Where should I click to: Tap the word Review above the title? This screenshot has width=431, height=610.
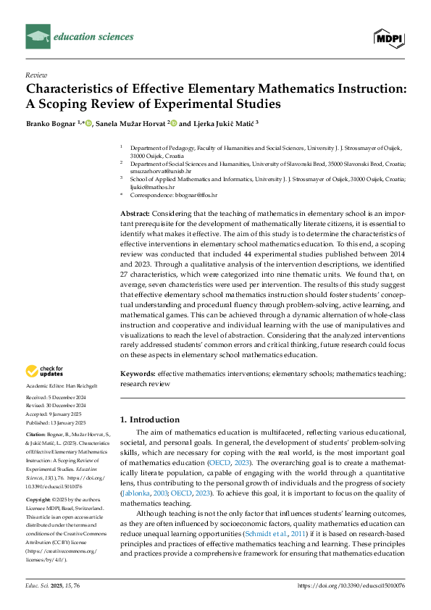[36, 75]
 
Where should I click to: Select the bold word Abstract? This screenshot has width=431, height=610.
[134, 214]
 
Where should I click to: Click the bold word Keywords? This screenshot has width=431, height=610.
[138, 373]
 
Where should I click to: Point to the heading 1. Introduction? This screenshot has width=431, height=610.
[149, 419]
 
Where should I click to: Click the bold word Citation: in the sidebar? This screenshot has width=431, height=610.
[36, 434]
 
